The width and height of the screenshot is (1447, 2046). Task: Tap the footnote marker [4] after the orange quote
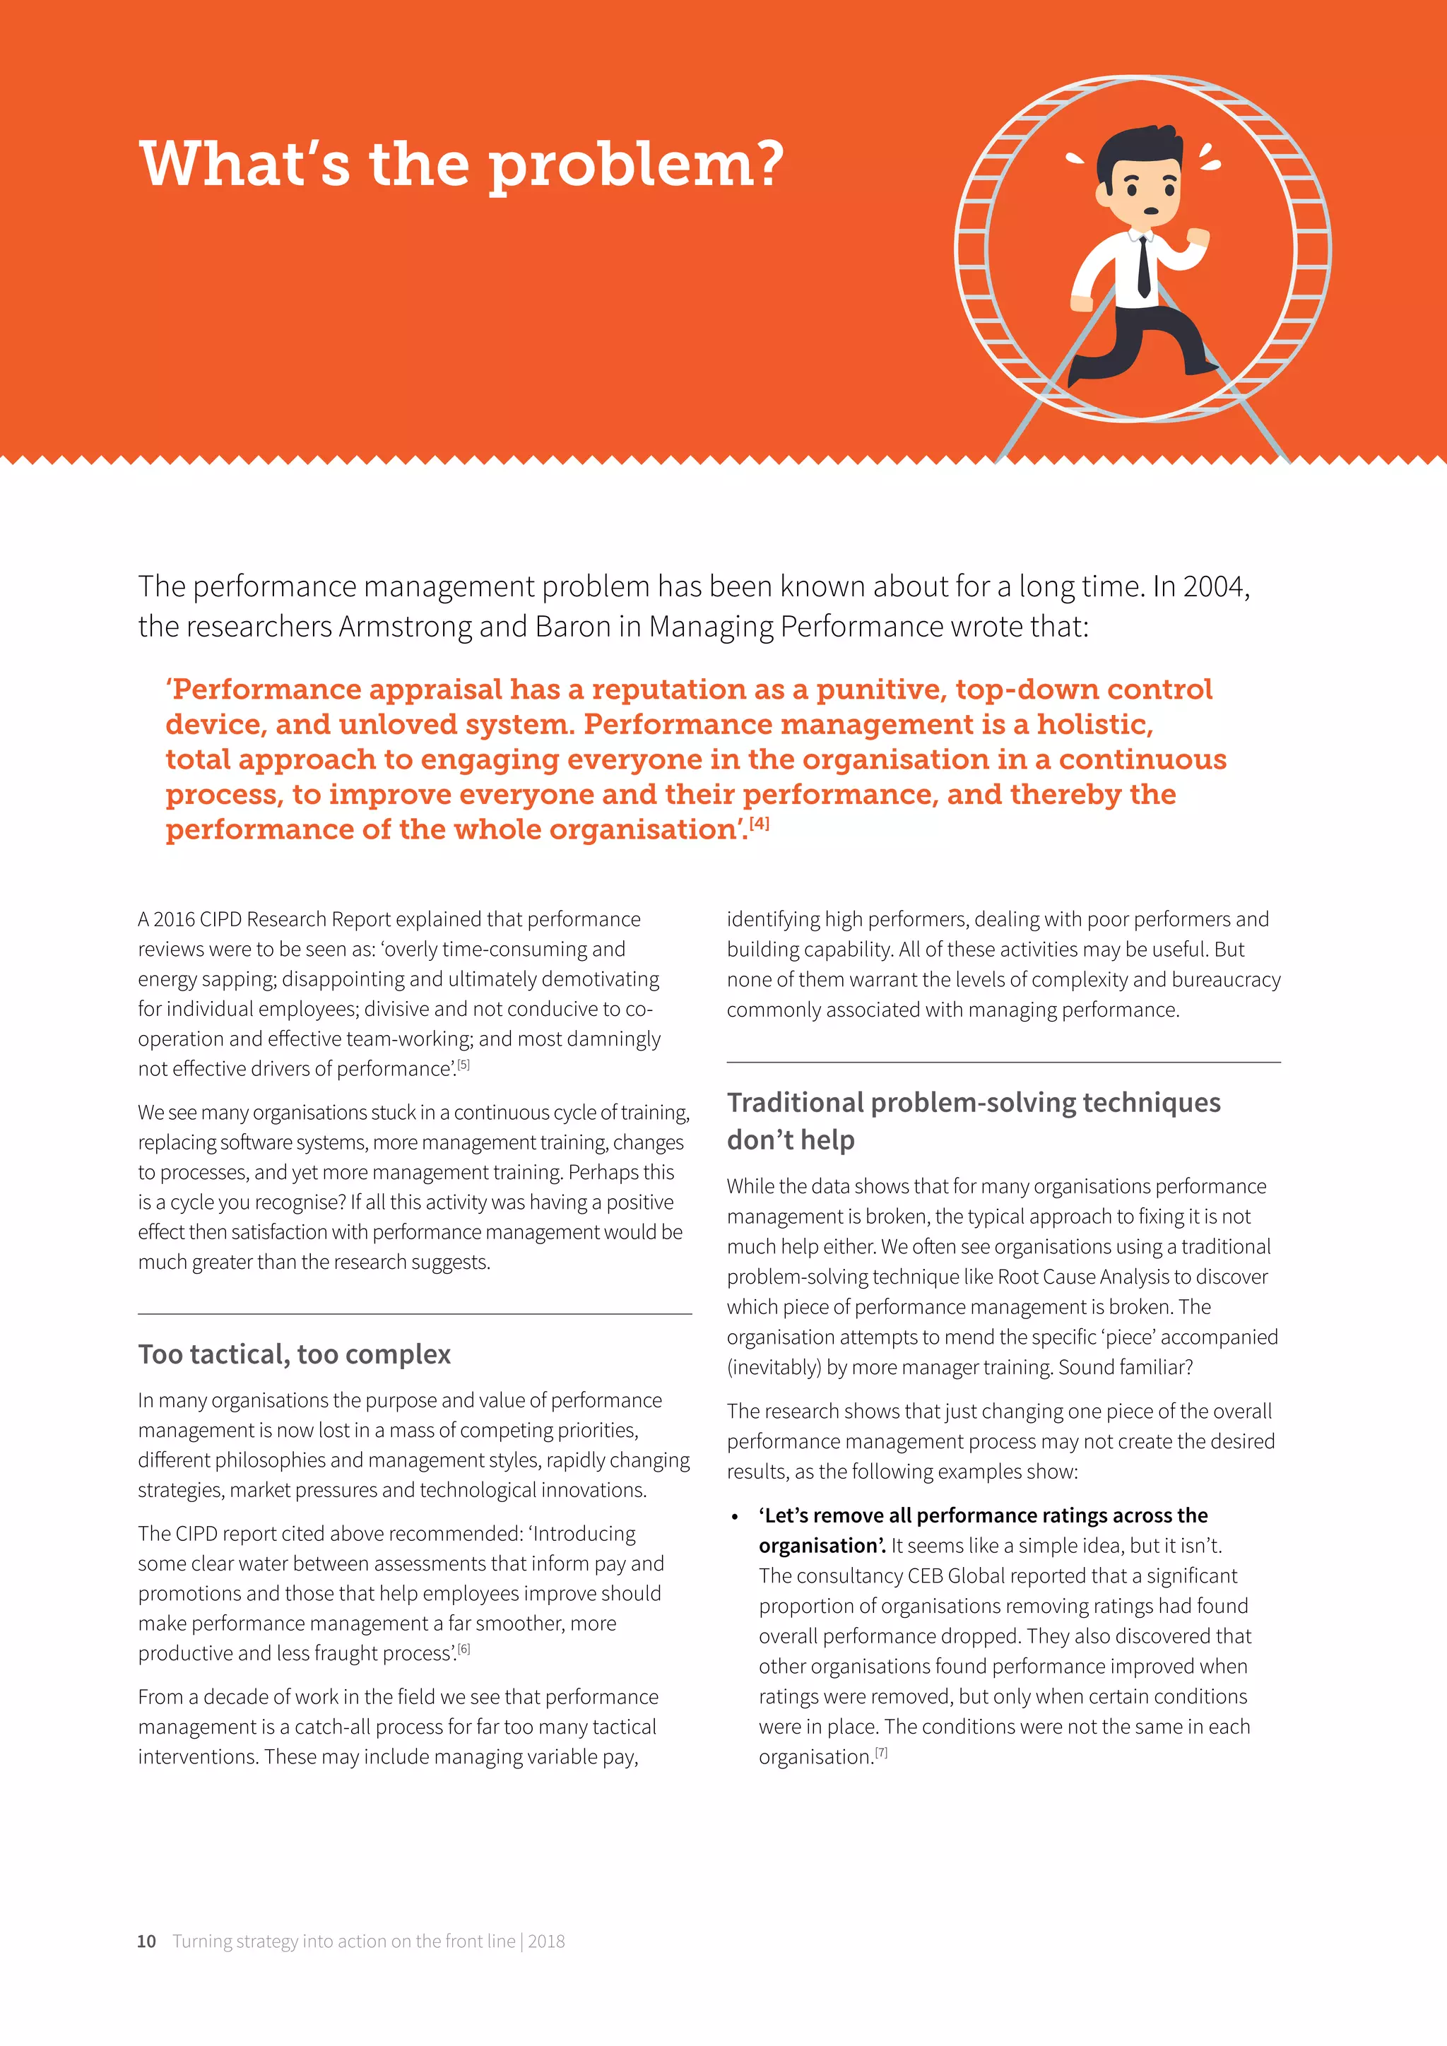(x=759, y=822)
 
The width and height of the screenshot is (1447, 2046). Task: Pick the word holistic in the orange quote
(x=1095, y=723)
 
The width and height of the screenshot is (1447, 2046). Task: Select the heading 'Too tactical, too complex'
(x=294, y=1354)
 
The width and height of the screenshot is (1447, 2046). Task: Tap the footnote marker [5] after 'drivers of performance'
(x=463, y=1064)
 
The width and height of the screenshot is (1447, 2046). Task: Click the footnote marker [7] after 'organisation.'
(x=881, y=1752)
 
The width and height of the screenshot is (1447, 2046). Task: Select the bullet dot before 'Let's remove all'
(x=734, y=1517)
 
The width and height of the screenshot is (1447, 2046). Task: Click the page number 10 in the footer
(x=146, y=1941)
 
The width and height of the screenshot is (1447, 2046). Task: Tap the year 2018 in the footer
(x=546, y=1941)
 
